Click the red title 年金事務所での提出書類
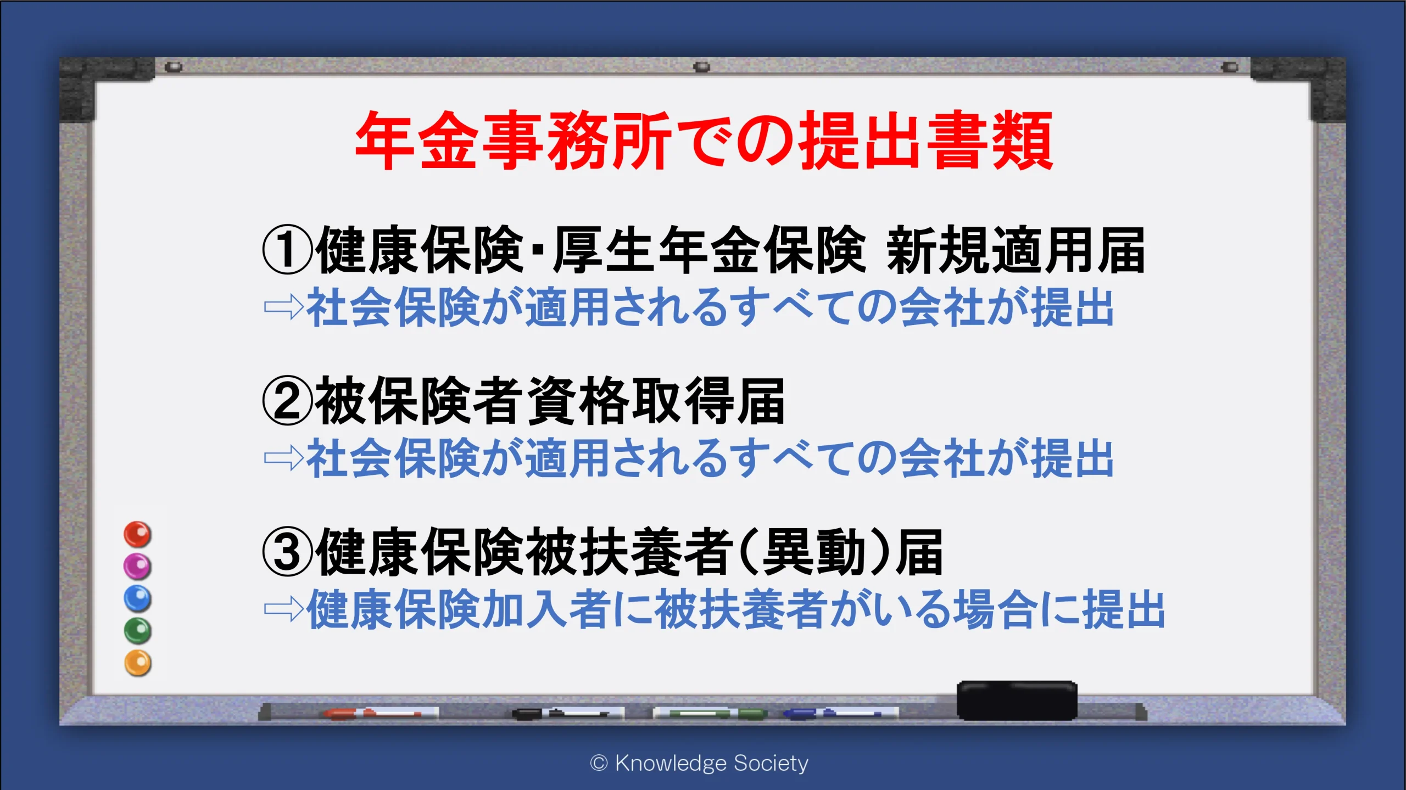pos(704,141)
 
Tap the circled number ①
pos(287,250)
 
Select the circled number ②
pos(287,401)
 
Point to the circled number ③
pos(287,552)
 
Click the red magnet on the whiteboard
pos(137,534)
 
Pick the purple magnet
pos(137,566)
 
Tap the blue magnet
pos(137,598)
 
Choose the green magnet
pos(137,631)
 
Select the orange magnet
pos(137,663)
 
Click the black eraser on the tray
pos(1017,700)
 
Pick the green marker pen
pos(710,713)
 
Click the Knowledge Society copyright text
pos(699,763)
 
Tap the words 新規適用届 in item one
pos(1016,250)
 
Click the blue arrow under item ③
pos(284,609)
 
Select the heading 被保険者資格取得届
pos(550,401)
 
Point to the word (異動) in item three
pos(816,552)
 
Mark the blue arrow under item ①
pos(284,307)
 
